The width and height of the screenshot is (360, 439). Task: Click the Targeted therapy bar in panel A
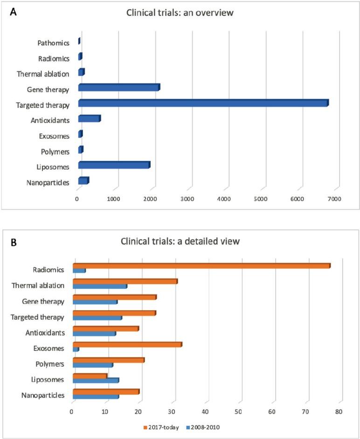[x=203, y=103]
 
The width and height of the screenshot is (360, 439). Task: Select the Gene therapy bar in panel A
[x=119, y=87]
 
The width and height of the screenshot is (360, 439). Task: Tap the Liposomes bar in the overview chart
[x=114, y=165]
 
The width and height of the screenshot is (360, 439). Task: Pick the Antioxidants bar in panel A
[x=89, y=119]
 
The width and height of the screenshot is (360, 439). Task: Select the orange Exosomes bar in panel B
[x=127, y=344]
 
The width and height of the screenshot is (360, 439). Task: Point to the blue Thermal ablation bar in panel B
[x=99, y=286]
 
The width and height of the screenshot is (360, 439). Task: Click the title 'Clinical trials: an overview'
[x=180, y=13]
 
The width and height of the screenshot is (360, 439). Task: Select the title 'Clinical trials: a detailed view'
[x=180, y=242]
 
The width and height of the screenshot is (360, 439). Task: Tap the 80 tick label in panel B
[x=339, y=412]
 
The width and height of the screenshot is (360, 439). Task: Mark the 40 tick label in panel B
[x=205, y=412]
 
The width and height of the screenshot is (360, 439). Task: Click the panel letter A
[x=14, y=13]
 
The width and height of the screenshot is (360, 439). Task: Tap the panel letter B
[x=14, y=242]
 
